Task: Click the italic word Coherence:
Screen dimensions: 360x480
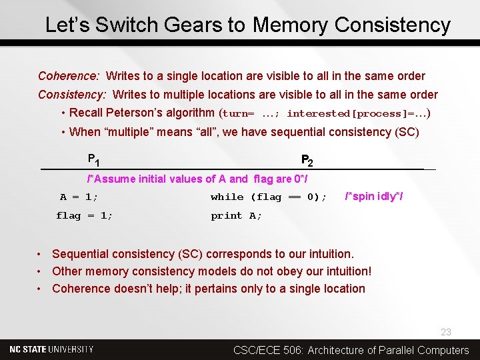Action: [69, 76]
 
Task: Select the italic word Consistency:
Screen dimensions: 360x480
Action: [73, 95]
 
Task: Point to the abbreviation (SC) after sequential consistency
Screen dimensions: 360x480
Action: [407, 131]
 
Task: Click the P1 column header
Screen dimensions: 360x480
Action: [94, 160]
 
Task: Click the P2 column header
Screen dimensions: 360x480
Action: [307, 160]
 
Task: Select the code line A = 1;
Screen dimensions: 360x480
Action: [79, 197]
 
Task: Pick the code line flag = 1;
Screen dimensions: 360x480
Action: [85, 215]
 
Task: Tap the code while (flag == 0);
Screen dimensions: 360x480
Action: [269, 197]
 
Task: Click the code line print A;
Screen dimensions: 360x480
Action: [237, 215]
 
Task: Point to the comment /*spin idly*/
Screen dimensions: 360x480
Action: [374, 196]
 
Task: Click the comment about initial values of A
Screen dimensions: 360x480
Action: [197, 179]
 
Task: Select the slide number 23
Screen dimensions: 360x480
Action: [446, 332]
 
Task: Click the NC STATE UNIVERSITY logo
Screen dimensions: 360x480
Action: [51, 349]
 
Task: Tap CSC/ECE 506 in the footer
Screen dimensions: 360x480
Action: [270, 350]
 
